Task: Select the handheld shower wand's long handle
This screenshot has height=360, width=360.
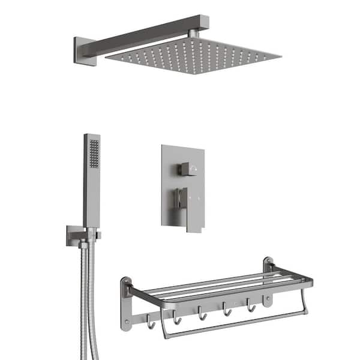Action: tap(92, 192)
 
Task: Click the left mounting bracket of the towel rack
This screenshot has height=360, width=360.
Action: tap(125, 303)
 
